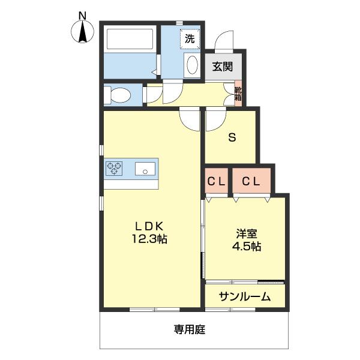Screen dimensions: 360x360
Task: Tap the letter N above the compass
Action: coord(83,14)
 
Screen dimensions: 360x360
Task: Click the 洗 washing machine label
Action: coord(190,40)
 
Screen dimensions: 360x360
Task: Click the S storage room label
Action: coord(231,136)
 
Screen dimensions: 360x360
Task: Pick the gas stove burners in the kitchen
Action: coord(114,169)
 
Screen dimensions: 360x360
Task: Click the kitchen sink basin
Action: coord(145,169)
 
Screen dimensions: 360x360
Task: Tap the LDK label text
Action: coord(149,226)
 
